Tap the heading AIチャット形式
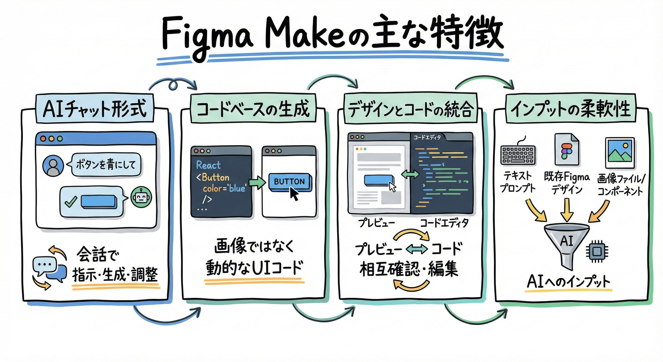95,109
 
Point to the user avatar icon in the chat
53,165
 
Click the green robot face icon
141,197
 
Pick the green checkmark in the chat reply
71,202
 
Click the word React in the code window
208,165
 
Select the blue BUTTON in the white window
289,181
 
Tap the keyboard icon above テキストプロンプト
518,155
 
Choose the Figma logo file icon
567,150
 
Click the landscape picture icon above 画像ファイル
619,152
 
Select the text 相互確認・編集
409,269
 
